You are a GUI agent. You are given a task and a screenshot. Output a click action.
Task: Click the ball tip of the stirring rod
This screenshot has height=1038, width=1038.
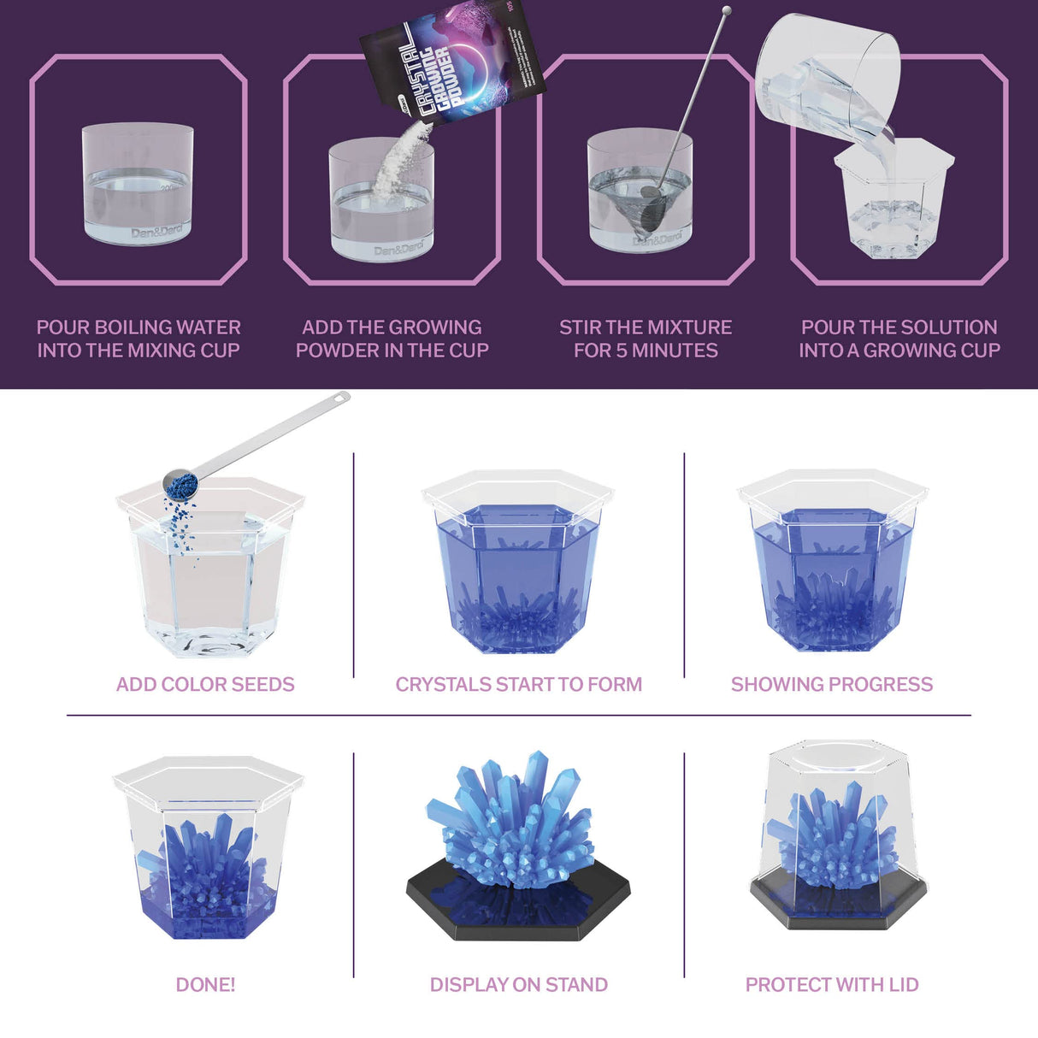[x=727, y=12]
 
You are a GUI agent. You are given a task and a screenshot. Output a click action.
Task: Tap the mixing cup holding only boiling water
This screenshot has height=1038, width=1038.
[x=138, y=184]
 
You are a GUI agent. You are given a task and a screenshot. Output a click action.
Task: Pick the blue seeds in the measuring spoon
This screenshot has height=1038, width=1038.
[x=181, y=486]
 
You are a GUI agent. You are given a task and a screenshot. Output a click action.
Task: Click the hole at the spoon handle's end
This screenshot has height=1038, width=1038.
[x=342, y=397]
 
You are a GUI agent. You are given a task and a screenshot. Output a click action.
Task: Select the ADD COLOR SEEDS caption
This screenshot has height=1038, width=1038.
[x=205, y=684]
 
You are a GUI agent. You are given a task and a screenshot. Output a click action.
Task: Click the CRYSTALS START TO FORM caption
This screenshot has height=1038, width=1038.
[x=518, y=684]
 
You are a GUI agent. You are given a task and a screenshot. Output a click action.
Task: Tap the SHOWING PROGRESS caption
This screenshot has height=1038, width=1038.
[x=831, y=684]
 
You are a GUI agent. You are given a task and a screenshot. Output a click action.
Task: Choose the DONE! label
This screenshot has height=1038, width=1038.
[x=205, y=985]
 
